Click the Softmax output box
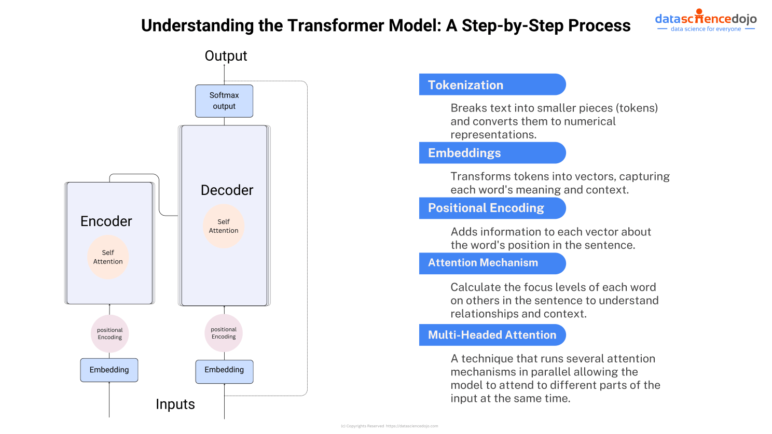coord(224,101)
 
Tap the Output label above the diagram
coord(226,56)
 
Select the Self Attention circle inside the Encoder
coord(108,257)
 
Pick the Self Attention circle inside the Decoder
coord(224,226)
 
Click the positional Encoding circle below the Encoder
coord(110,333)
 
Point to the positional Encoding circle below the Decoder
coord(224,333)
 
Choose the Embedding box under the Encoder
coord(109,370)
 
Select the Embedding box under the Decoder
coord(224,371)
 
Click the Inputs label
coord(175,404)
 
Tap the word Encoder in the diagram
coord(106,221)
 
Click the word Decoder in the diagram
coord(227,190)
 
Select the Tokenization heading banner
coord(492,85)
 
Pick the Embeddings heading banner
coord(492,153)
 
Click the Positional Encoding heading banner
coord(492,208)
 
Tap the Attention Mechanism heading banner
coord(492,263)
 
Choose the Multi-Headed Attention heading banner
coord(492,335)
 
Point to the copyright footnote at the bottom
coord(389,426)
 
